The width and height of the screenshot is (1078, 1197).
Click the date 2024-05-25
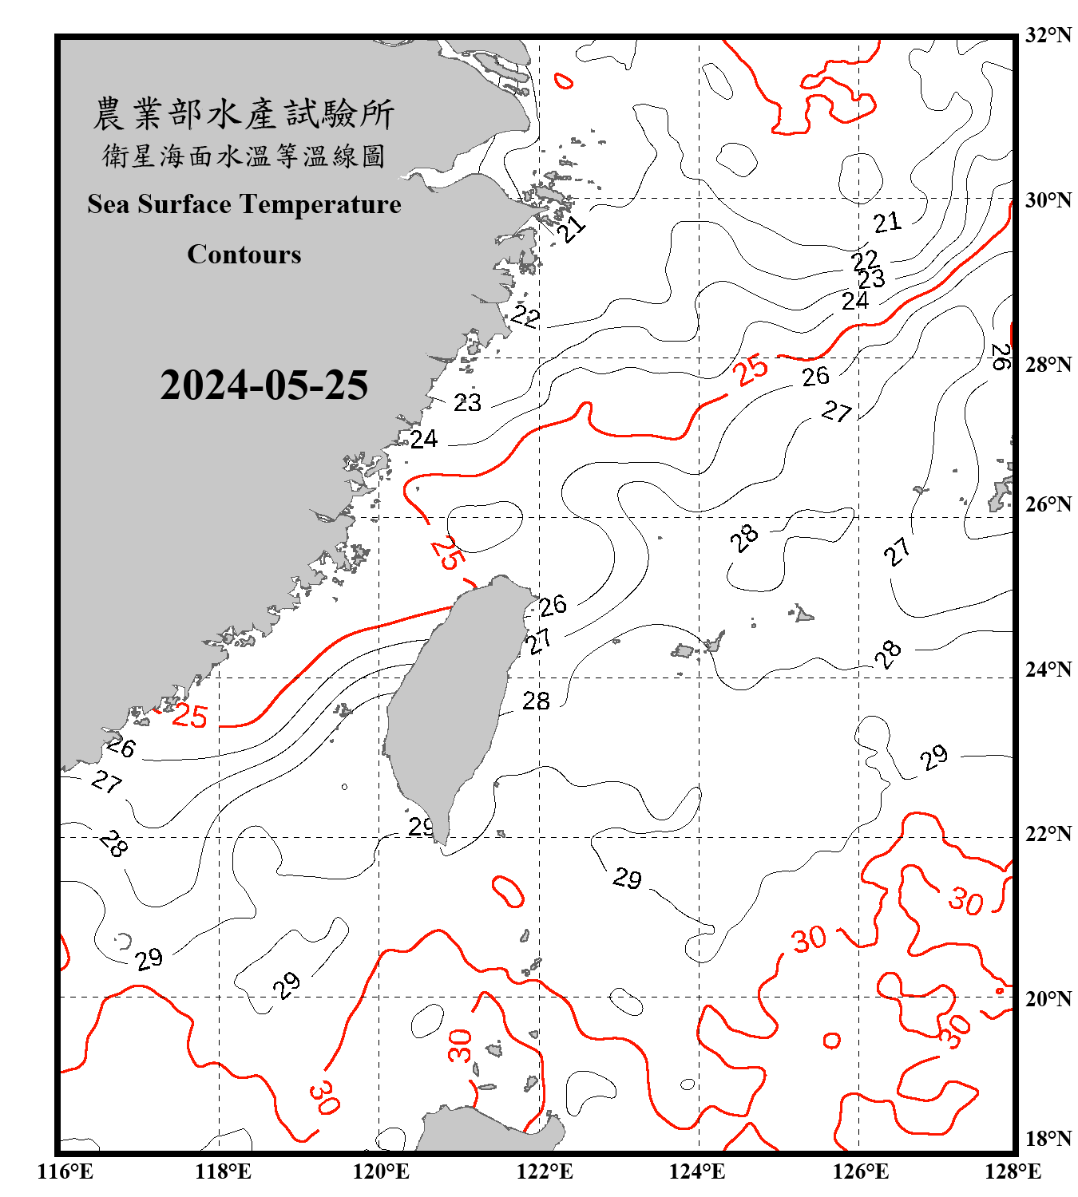[264, 385]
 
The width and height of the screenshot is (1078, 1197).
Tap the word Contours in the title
[244, 255]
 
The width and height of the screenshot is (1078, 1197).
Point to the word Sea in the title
[109, 204]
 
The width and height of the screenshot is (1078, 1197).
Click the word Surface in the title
[184, 204]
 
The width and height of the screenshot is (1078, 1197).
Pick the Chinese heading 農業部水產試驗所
[244, 114]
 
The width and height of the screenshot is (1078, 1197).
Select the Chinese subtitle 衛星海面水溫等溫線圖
[244, 156]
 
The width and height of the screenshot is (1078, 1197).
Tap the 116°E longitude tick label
[65, 1171]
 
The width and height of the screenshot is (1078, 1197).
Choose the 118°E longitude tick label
[224, 1171]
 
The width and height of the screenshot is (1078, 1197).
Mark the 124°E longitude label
[697, 1171]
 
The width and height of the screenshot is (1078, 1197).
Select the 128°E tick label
[1013, 1171]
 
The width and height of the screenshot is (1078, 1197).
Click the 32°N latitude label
[1048, 35]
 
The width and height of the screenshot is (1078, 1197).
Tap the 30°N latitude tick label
[1048, 200]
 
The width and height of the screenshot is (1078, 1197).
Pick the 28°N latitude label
[1048, 365]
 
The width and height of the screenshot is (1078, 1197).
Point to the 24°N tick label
[1048, 670]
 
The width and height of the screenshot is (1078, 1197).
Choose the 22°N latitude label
[1048, 834]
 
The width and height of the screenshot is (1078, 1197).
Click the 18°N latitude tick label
[1048, 1139]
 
